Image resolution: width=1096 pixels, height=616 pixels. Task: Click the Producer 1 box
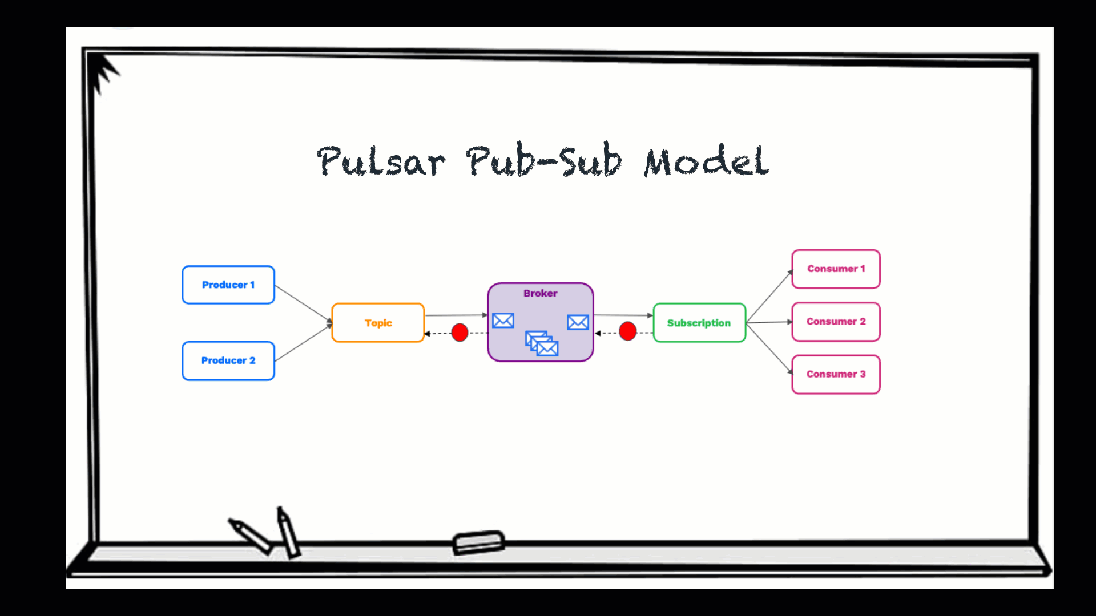click(x=228, y=285)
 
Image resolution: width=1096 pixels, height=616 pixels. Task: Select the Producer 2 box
click(x=228, y=360)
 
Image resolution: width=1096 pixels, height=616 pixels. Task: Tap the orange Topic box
click(x=378, y=323)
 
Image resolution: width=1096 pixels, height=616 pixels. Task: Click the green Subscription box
click(x=699, y=323)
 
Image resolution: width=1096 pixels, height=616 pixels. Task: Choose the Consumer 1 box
click(x=836, y=269)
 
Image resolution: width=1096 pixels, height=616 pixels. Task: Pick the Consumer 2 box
click(x=836, y=322)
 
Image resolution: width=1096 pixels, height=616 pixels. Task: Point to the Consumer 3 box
click(x=836, y=374)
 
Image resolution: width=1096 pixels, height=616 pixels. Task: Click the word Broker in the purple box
click(x=540, y=293)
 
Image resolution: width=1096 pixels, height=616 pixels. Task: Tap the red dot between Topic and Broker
click(x=460, y=332)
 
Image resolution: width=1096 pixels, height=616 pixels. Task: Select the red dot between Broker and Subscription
click(x=627, y=331)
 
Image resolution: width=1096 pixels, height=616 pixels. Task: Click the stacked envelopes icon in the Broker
click(x=542, y=343)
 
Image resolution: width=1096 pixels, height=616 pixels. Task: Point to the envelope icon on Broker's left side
click(x=503, y=321)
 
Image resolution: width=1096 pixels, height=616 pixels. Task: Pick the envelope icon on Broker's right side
click(x=578, y=322)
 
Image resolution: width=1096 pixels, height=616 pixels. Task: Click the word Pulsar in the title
click(x=381, y=161)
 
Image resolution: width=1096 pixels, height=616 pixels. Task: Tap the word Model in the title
click(x=707, y=161)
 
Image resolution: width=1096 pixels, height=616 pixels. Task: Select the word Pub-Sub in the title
click(x=544, y=161)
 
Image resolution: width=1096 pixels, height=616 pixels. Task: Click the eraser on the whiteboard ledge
click(x=478, y=542)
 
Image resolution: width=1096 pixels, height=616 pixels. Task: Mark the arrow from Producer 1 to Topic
click(x=303, y=303)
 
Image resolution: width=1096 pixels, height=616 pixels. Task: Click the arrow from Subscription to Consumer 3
click(x=769, y=348)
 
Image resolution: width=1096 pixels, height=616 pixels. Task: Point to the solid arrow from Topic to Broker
click(x=456, y=315)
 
